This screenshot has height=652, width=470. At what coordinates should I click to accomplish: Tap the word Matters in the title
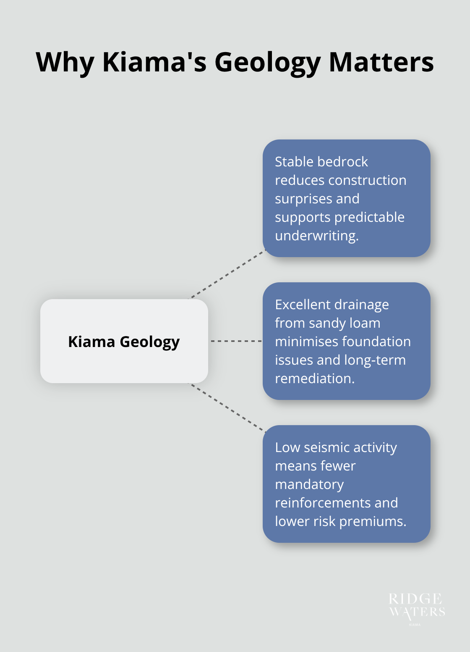pyautogui.click(x=381, y=62)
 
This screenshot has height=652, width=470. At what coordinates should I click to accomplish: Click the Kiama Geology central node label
pyautogui.click(x=124, y=342)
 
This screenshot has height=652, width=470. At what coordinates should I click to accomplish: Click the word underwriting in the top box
pyautogui.click(x=316, y=236)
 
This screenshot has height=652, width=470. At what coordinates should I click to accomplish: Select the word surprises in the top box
pyautogui.click(x=317, y=199)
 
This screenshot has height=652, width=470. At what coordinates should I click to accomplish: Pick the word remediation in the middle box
pyautogui.click(x=314, y=379)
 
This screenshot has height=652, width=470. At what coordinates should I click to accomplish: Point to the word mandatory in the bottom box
pyautogui.click(x=309, y=484)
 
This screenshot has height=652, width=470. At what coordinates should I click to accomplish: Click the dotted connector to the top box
pyautogui.click(x=227, y=275)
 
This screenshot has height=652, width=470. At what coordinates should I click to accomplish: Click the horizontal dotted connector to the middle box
pyautogui.click(x=235, y=341)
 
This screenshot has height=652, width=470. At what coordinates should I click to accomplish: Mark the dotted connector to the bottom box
pyautogui.click(x=227, y=407)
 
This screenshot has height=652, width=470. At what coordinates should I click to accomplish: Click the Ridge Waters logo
pyautogui.click(x=416, y=607)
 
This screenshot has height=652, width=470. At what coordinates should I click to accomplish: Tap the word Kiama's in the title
pyautogui.click(x=154, y=62)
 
